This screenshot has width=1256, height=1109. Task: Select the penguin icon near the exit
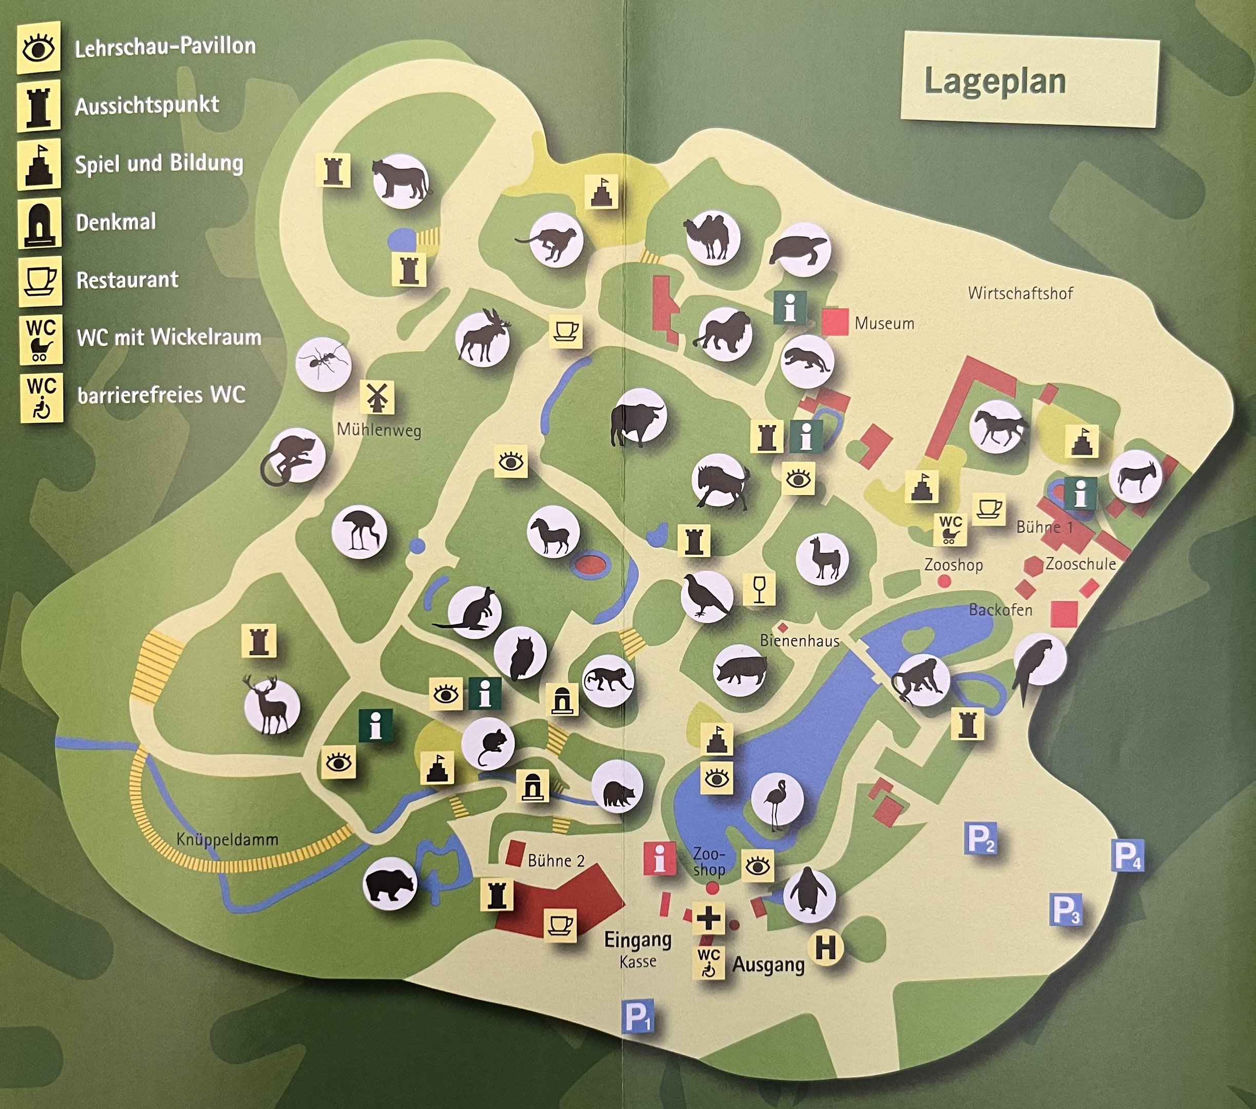[x=809, y=894]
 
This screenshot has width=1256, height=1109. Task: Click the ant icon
[x=323, y=365]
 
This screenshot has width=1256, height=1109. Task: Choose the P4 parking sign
[x=1128, y=856]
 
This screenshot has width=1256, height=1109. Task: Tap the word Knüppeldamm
[x=227, y=839]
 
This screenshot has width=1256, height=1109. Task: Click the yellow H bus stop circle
[x=825, y=948]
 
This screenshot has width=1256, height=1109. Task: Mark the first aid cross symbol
[x=709, y=919]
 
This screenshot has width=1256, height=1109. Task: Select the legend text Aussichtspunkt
[x=147, y=106]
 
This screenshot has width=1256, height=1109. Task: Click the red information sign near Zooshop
[x=659, y=858]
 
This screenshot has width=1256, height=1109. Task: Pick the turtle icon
[x=800, y=250]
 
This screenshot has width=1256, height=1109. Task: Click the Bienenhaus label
[x=800, y=641]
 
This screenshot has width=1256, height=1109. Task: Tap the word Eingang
[x=637, y=940]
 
